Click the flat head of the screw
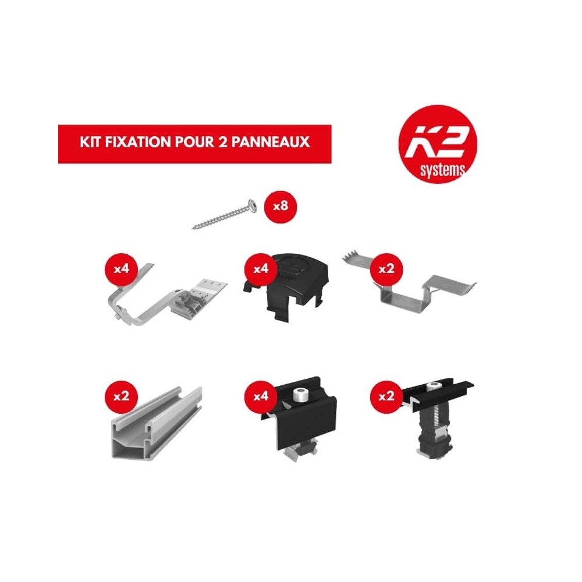pos(251,204)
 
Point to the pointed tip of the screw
pos(194,227)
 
